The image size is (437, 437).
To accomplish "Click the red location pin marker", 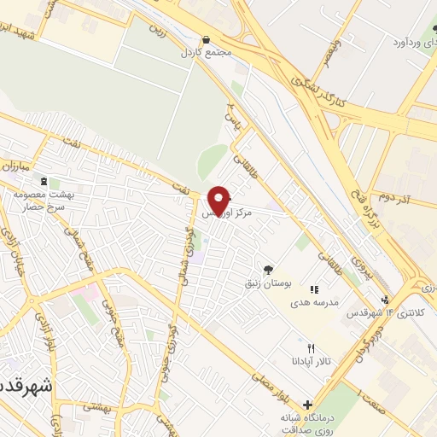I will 219,200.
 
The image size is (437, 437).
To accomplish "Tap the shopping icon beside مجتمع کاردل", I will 207,40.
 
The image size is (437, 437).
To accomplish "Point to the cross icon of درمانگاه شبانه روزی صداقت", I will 308,405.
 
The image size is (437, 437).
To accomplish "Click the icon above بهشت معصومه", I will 44,182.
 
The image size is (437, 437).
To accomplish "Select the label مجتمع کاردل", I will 207,53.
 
